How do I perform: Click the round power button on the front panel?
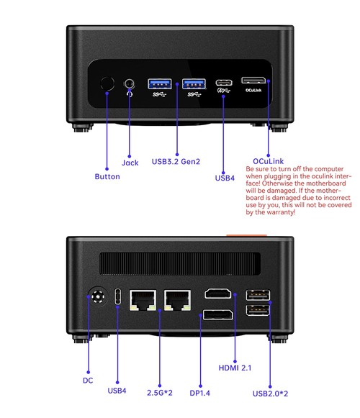pyautogui.click(x=107, y=83)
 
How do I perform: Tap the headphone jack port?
pyautogui.click(x=130, y=83)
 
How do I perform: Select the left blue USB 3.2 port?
pyautogui.click(x=160, y=84)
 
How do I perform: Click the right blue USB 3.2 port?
pyautogui.click(x=194, y=84)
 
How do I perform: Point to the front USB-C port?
pyautogui.click(x=224, y=83)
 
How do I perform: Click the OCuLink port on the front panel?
pyautogui.click(x=253, y=81)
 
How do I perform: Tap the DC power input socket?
pyautogui.click(x=98, y=296)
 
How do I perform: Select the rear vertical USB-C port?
pyautogui.click(x=117, y=296)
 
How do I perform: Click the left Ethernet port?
pyautogui.click(x=143, y=300)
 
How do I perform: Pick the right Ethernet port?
pyautogui.click(x=177, y=300)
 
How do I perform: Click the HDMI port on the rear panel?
pyautogui.click(x=218, y=294)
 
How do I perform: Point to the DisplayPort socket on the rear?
pyautogui.click(x=217, y=314)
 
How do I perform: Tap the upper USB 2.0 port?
pyautogui.click(x=258, y=295)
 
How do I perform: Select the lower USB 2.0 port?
pyautogui.click(x=258, y=310)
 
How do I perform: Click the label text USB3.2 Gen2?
pyautogui.click(x=176, y=162)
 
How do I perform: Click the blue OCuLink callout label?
pyautogui.click(x=268, y=161)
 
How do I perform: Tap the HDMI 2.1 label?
pyautogui.click(x=235, y=368)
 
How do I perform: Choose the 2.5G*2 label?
pyautogui.click(x=160, y=393)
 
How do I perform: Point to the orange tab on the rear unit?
pyautogui.click(x=246, y=235)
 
